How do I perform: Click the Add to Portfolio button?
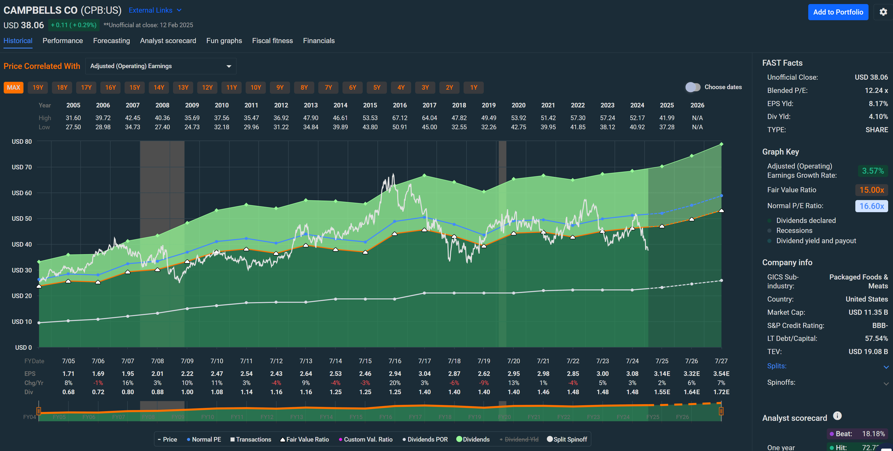pos(838,12)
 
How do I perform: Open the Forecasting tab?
pos(111,41)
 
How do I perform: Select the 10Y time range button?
pos(256,88)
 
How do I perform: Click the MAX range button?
pos(13,88)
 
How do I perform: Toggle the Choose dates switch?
pos(693,87)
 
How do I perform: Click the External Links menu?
pos(155,11)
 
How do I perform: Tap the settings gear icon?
pos(883,12)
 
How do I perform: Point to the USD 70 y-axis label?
pos(22,167)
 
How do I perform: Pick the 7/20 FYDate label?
pos(513,361)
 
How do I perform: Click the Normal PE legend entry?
pos(204,439)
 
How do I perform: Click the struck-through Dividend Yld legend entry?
pos(519,439)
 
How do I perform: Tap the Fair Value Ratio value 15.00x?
pos(871,190)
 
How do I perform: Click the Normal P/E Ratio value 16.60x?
pos(871,206)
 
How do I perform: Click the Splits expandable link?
pos(776,366)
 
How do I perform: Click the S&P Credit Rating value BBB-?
pos(880,326)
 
